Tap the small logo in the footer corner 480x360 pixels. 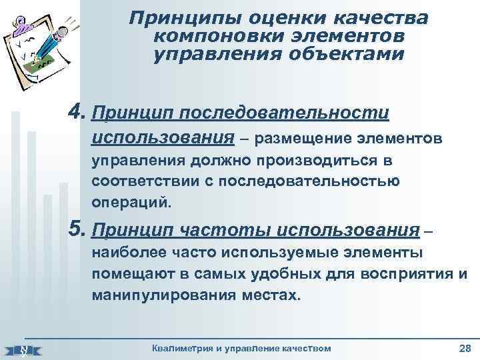coord(23,349)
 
